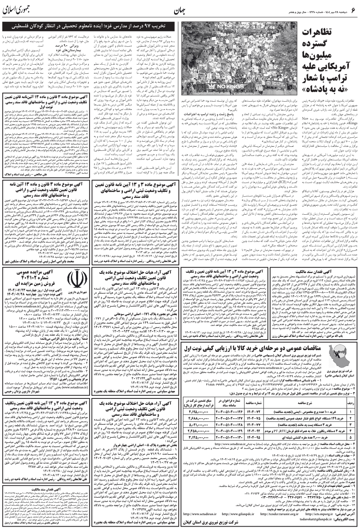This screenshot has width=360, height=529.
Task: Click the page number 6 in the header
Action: (352, 9)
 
